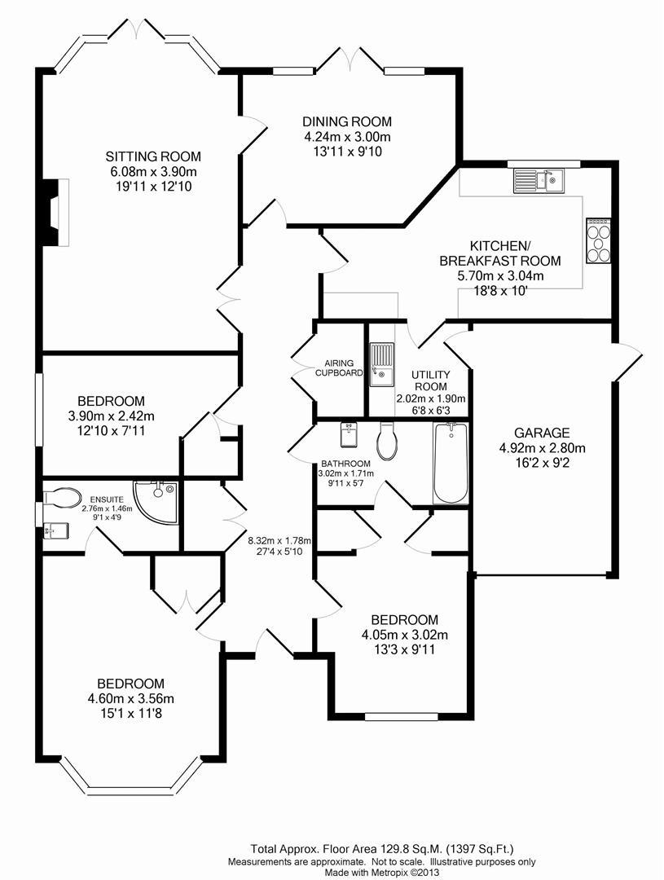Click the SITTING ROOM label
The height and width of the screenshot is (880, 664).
[x=153, y=156]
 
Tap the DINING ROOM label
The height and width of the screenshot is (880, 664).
[x=347, y=121]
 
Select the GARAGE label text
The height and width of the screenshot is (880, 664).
[x=542, y=433]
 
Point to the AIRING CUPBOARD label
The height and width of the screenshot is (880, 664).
[x=339, y=368]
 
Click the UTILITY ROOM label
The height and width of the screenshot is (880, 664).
[x=430, y=381]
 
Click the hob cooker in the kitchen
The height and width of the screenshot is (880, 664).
[x=599, y=240]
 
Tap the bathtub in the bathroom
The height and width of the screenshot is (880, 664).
[x=451, y=464]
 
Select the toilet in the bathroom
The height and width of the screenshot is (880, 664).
[x=387, y=441]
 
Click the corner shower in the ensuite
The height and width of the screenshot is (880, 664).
[x=157, y=501]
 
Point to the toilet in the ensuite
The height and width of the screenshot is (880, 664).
[x=61, y=497]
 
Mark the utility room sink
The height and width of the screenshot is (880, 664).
[x=381, y=365]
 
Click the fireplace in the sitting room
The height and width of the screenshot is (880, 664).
[x=55, y=213]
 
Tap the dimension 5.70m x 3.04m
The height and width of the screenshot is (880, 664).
[x=500, y=275]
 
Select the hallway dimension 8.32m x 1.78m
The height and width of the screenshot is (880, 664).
[x=279, y=541]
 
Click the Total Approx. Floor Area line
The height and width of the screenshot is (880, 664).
[x=381, y=849]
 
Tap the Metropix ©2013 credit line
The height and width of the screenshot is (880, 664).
[x=381, y=872]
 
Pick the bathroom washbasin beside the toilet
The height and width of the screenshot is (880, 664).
[x=350, y=435]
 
